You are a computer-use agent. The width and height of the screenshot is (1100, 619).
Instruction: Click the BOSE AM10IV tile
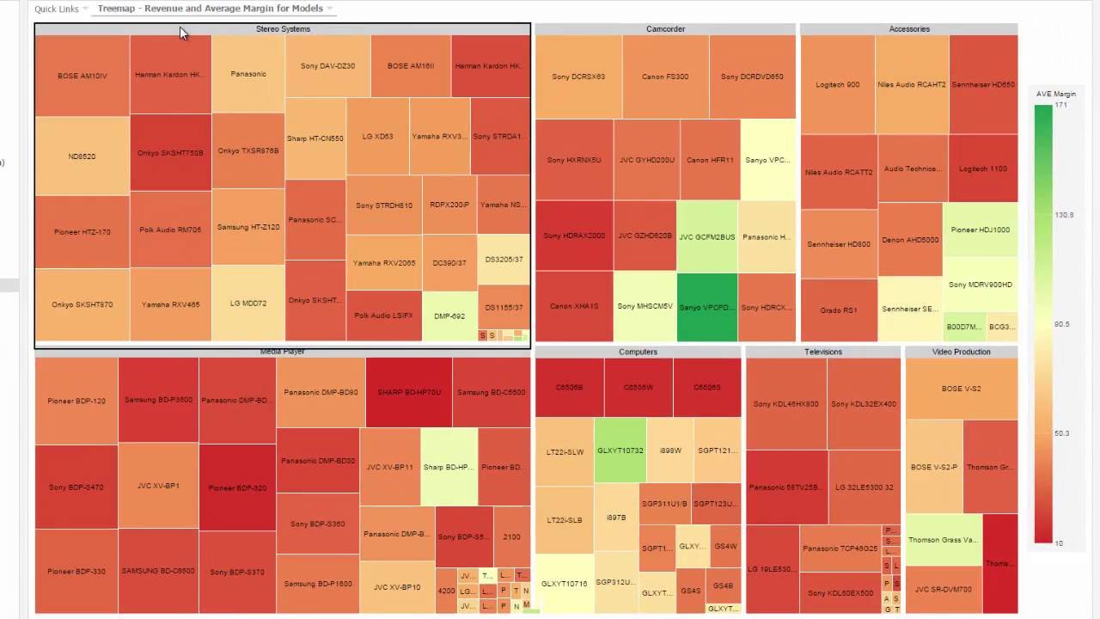[82, 76]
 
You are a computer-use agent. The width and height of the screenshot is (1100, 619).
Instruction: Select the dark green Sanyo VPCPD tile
[707, 307]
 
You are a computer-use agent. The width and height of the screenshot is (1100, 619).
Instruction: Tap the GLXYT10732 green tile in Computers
[620, 450]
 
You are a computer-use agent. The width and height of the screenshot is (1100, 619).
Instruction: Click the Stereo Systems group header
[283, 29]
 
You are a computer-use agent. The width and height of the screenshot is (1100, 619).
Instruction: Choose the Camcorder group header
[665, 29]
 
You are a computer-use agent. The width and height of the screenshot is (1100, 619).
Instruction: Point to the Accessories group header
[908, 29]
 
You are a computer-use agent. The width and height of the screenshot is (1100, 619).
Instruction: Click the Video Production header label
[961, 352]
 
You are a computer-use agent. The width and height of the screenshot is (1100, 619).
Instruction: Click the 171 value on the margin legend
[1060, 105]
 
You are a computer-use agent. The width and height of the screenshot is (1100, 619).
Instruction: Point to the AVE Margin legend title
[1055, 94]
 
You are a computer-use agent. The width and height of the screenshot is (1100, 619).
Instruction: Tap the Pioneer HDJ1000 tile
[981, 230]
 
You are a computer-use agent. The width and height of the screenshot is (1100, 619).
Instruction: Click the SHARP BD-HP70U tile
[409, 393]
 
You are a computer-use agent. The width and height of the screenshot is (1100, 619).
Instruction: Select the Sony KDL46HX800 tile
[785, 404]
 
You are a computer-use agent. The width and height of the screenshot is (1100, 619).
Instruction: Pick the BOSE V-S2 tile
[961, 389]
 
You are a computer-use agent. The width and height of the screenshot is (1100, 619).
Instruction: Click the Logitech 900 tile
[837, 85]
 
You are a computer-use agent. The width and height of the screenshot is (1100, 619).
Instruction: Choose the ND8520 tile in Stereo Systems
[82, 156]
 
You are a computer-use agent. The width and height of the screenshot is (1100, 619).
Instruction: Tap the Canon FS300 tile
[665, 77]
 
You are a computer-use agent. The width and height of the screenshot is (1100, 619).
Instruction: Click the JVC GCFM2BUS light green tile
[706, 236]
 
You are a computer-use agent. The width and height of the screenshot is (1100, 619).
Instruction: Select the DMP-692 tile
[449, 316]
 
